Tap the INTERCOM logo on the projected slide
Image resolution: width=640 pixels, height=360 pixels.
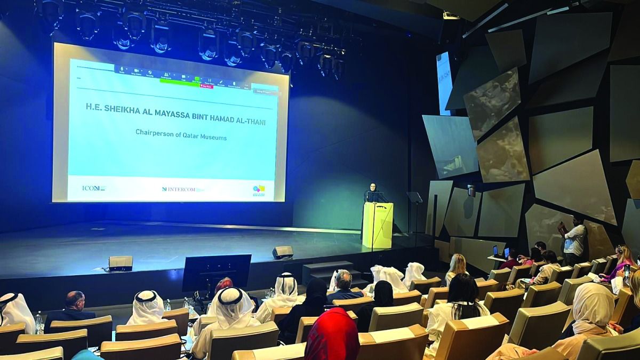pos(180,189)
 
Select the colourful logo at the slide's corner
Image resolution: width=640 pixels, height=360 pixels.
pos(259,190)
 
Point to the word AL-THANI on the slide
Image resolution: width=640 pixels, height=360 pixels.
pos(248,122)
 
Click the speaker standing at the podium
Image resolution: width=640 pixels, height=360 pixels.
pos(372,193)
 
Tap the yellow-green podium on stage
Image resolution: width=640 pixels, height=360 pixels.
pos(378,224)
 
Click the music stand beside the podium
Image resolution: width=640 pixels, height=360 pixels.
pos(414,198)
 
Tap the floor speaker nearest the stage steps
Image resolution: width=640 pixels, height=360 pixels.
pos(283,252)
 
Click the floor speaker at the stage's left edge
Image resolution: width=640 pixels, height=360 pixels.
pos(121,262)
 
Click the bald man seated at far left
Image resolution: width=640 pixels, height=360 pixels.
pos(74,307)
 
